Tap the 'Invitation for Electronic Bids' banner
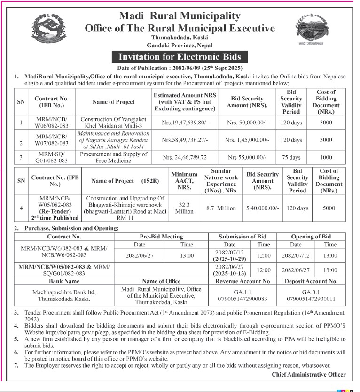tap(180, 57)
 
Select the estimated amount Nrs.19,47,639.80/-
tap(185, 123)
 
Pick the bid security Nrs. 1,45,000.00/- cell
tap(247, 140)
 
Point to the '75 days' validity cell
tap(291, 158)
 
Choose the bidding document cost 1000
tap(326, 158)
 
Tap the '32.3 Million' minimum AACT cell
tap(184, 208)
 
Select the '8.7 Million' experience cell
tap(221, 208)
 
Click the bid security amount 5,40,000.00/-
tap(262, 208)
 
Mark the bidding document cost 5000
tap(329, 208)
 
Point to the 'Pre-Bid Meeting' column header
tap(161, 237)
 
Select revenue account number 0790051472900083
tap(243, 298)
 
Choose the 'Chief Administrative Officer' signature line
tap(308, 374)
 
